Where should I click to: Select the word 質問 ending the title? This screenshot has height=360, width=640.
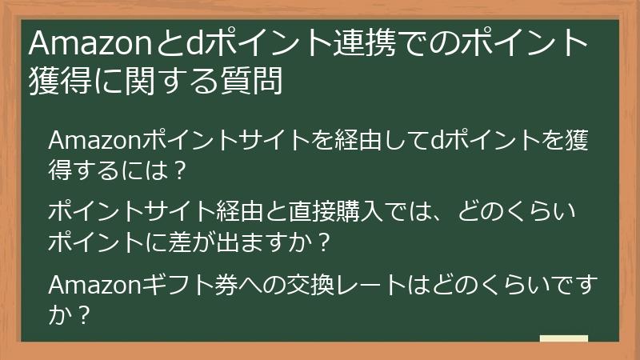click(x=256, y=81)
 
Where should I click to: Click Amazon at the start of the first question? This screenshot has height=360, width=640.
click(x=95, y=142)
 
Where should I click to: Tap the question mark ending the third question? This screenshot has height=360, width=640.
click(x=80, y=314)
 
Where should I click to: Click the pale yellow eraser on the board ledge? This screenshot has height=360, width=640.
click(x=563, y=340)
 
